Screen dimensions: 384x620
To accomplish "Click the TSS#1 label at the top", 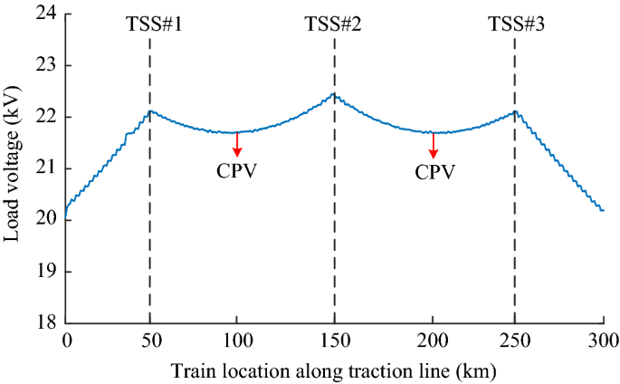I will click(x=154, y=24).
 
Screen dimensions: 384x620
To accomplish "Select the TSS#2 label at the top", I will click(x=334, y=24).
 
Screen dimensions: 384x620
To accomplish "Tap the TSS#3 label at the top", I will click(x=516, y=24).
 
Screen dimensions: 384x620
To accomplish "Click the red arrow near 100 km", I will click(x=237, y=145).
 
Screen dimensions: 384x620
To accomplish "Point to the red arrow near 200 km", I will click(x=433, y=145).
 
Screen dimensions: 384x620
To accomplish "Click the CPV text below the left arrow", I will click(x=237, y=170).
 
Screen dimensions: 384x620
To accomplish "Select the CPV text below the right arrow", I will click(x=433, y=170).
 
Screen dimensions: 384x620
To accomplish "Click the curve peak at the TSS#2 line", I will click(x=333, y=94).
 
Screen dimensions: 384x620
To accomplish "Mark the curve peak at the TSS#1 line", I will click(x=150, y=111).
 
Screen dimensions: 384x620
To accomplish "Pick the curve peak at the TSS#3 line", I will click(x=514, y=111).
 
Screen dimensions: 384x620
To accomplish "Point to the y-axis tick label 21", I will click(x=45, y=168).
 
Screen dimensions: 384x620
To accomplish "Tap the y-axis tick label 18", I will click(x=45, y=322).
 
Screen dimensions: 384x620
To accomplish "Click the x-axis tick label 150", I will click(x=334, y=340).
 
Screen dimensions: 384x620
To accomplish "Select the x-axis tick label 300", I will click(x=603, y=340).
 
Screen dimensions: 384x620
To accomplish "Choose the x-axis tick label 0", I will click(x=66, y=340).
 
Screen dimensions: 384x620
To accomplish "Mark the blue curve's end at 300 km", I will click(x=603, y=210).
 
